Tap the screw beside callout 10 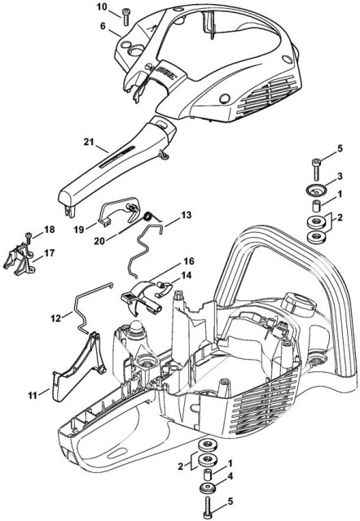(125, 15)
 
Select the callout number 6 (103, 26)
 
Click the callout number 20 (121, 242)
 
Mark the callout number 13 (187, 216)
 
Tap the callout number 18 (49, 230)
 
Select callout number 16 (188, 262)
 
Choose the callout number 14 (188, 276)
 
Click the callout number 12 (55, 317)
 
